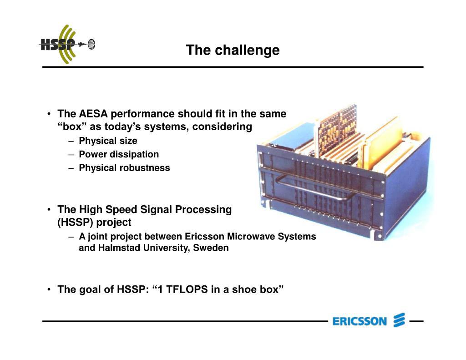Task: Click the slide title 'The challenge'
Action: coord(233,50)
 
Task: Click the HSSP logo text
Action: coord(58,45)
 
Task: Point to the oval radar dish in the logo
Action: coord(91,44)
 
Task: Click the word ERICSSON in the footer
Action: coord(360,321)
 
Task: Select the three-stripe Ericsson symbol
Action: coord(399,320)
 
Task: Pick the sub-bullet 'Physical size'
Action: coord(108,141)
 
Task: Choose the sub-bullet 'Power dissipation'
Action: coord(119,154)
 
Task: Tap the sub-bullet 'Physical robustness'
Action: coord(124,167)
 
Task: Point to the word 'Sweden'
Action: coord(211,248)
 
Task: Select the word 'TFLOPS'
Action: coord(187,289)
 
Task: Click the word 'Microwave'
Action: coord(251,236)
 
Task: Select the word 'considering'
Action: coord(222,127)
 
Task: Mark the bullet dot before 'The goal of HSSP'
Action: coord(49,289)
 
